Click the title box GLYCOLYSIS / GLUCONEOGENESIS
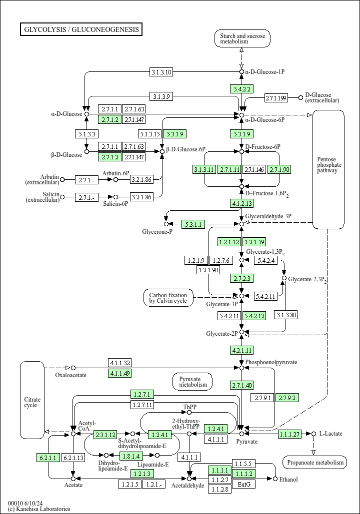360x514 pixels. [x=81, y=29]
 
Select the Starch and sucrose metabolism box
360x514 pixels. [x=242, y=38]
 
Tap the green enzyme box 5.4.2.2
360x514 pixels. [x=241, y=89]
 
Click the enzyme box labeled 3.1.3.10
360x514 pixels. [x=161, y=72]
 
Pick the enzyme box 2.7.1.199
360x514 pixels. [x=276, y=98]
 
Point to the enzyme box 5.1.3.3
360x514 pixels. [x=86, y=134]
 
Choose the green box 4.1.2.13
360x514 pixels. [x=241, y=203]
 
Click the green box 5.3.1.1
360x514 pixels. [x=193, y=225]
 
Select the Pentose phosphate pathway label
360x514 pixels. [x=328, y=165]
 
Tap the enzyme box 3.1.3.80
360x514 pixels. [x=286, y=315]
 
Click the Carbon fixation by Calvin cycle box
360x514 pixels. [x=168, y=298]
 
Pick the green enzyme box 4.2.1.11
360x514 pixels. [x=241, y=350]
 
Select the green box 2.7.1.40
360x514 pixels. [x=241, y=385]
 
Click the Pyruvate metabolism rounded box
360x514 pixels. [x=192, y=382]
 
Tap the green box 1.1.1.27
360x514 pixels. [x=289, y=434]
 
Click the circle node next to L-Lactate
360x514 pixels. [x=313, y=434]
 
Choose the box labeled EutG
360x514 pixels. [x=243, y=484]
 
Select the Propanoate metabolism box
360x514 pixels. [x=314, y=463]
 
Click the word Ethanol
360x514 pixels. [x=288, y=480]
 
